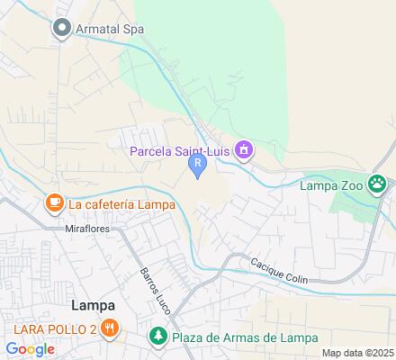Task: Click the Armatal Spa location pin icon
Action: (x=62, y=29)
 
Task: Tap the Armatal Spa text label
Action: (x=110, y=29)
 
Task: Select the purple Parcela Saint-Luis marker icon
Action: (x=243, y=149)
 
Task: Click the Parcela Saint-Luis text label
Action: (x=180, y=149)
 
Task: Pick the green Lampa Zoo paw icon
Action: (x=377, y=185)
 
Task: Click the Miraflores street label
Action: (x=88, y=229)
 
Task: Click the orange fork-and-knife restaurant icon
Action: (x=110, y=328)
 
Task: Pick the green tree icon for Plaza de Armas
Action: (x=157, y=337)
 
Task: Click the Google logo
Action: (x=30, y=348)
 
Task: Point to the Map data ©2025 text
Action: (x=358, y=353)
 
